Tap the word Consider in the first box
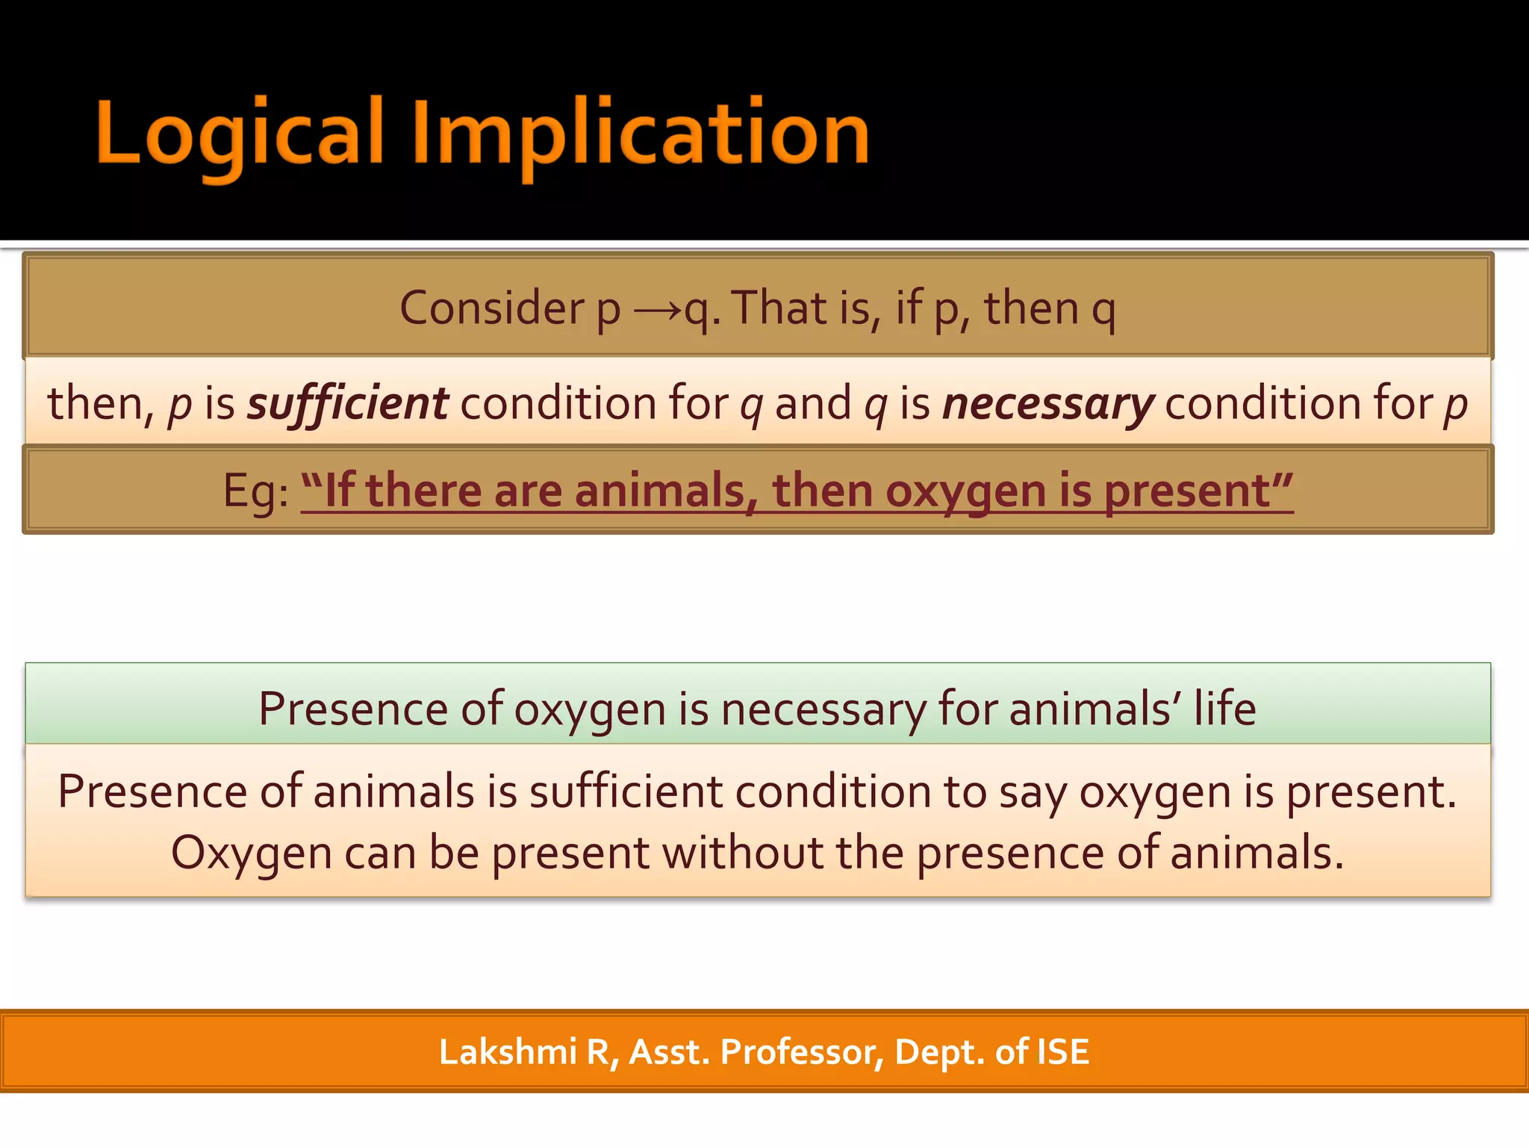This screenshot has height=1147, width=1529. [491, 308]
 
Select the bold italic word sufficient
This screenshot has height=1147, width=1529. [348, 404]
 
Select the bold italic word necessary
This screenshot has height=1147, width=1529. [1048, 404]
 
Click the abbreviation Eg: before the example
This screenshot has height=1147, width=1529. [255, 492]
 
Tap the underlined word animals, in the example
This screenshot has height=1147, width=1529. [660, 491]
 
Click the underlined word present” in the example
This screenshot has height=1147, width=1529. [1198, 491]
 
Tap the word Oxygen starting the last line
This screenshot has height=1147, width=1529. [251, 854]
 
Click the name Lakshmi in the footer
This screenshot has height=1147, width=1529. [508, 1052]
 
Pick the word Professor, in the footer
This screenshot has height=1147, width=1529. [802, 1052]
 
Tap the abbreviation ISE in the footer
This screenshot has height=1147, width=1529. [1063, 1052]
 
